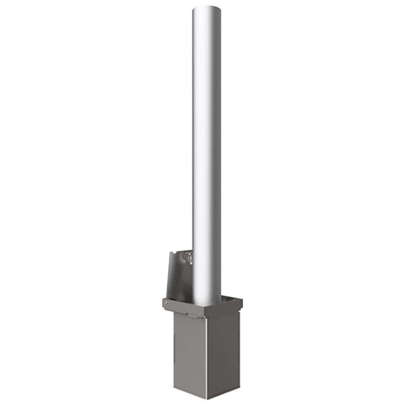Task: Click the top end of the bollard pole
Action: click(207, 9)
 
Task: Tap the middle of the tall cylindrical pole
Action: click(207, 152)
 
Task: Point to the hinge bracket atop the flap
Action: click(186, 254)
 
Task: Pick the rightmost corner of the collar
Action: click(242, 300)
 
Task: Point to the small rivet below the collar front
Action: click(179, 318)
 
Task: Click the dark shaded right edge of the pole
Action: click(219, 152)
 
